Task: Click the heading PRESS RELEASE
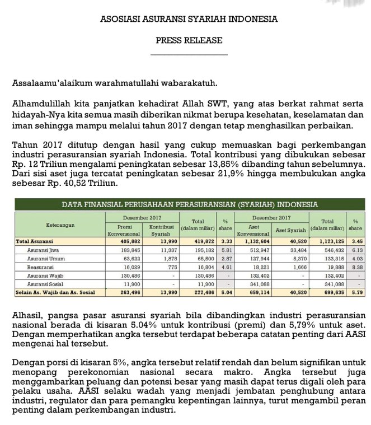tap(189, 40)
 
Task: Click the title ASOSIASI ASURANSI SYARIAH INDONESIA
tap(189, 19)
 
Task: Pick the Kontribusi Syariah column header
tap(161, 230)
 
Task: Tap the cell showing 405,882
tap(130, 241)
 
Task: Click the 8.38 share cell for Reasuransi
tap(357, 267)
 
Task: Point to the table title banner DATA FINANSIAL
tap(190, 204)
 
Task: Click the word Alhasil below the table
tap(26, 316)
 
